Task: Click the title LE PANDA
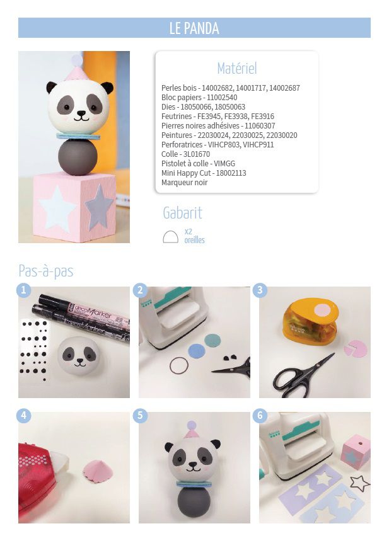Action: point(194,28)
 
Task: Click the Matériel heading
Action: point(237,68)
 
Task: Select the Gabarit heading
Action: point(182,213)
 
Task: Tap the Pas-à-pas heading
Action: point(46,271)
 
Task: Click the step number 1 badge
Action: point(23,290)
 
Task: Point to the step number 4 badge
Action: point(23,416)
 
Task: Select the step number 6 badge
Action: point(260,416)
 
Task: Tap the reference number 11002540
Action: point(222,98)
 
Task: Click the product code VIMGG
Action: point(224,164)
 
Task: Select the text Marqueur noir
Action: point(184,183)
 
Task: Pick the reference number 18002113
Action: point(231,173)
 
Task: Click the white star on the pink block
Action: point(57,208)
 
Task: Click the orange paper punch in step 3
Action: point(310,321)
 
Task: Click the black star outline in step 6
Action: point(359,483)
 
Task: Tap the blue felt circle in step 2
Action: point(197,351)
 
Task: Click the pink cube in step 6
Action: point(355,452)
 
